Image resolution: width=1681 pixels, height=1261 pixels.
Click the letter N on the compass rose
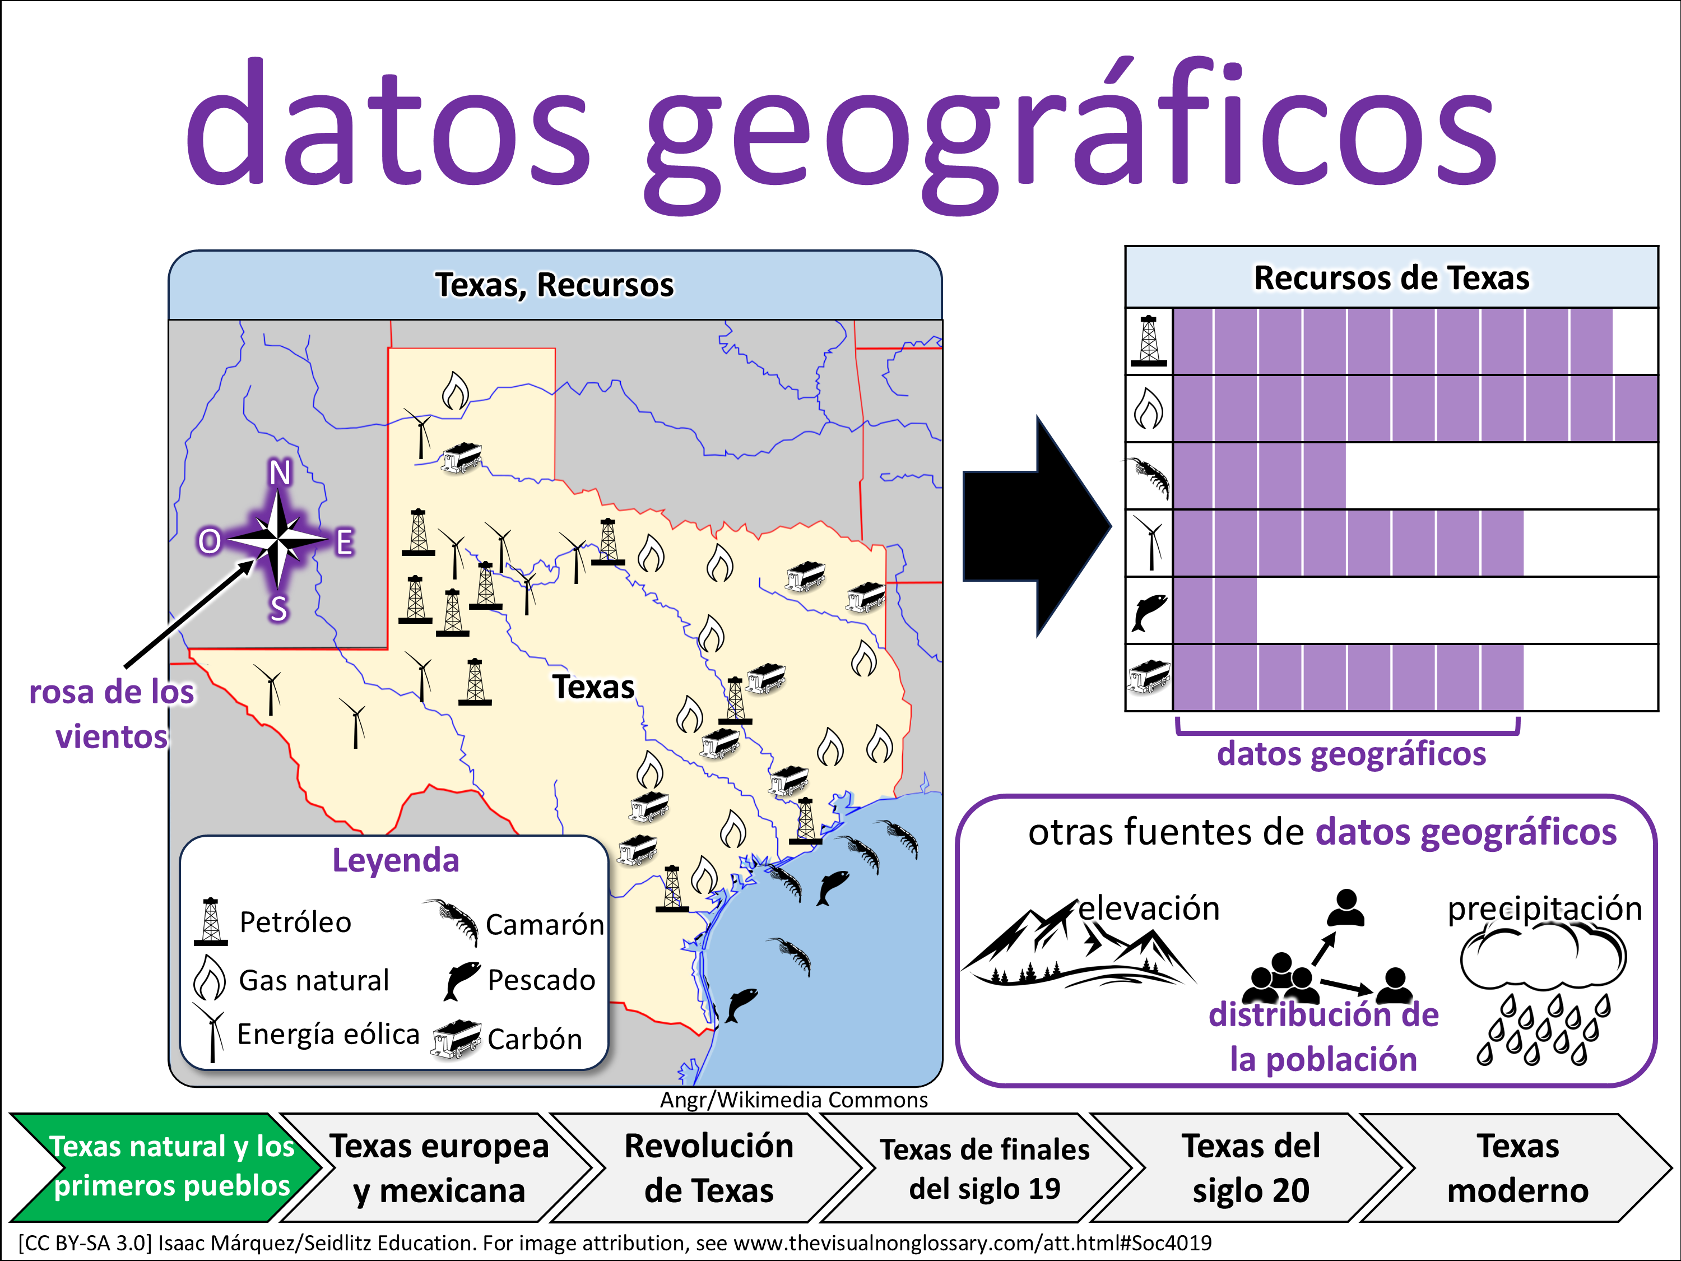[280, 473]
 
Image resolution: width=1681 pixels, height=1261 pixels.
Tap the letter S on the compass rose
[279, 609]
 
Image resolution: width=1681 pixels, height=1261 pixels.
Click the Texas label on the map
[593, 687]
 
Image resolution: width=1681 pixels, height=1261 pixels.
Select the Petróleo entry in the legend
[295, 922]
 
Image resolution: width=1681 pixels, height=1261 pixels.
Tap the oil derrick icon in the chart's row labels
[1148, 341]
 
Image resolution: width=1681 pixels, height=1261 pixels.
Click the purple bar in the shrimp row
[1259, 476]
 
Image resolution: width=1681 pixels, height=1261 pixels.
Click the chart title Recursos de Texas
[1391, 277]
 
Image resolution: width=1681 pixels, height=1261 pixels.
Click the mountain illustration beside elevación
[1078, 945]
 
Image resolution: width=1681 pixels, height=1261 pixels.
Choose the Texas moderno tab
[1517, 1167]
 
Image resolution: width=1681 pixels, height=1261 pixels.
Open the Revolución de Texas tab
[708, 1167]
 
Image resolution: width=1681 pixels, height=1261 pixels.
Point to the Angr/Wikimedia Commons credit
[793, 1100]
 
